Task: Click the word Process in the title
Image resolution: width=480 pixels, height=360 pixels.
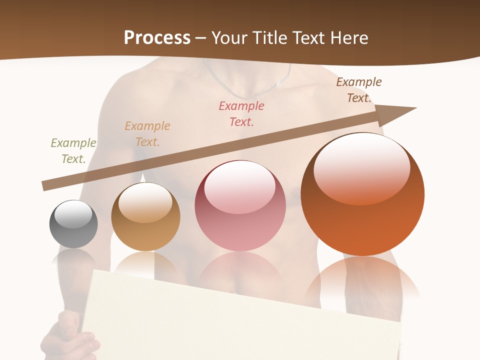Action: click(x=157, y=37)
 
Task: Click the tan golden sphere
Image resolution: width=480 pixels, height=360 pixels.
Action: click(x=145, y=220)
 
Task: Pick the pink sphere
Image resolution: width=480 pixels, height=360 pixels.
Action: click(x=240, y=210)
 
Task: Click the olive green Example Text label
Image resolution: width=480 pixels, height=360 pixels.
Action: click(x=73, y=150)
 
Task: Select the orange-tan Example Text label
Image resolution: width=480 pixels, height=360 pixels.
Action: click(x=147, y=133)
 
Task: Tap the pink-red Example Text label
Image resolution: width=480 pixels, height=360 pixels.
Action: click(x=241, y=113)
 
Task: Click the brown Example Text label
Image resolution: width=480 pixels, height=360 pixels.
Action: click(x=359, y=89)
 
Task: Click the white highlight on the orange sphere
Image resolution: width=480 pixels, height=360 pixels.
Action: click(x=361, y=167)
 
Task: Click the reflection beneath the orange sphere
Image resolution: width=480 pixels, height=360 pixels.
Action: click(x=362, y=280)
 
